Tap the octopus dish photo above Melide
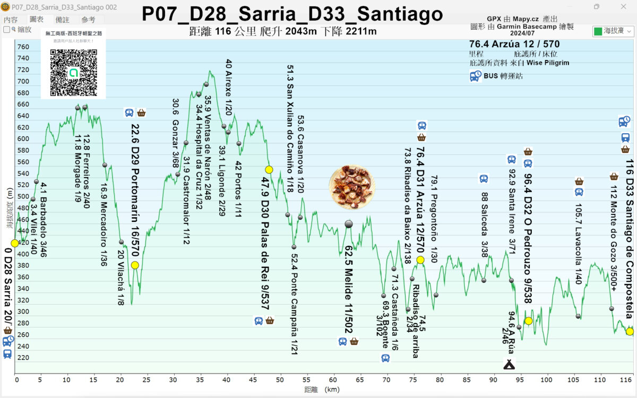[352, 187]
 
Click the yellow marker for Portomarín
[135, 265]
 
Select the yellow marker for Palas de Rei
[269, 170]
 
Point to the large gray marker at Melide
[349, 224]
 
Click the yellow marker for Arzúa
[420, 260]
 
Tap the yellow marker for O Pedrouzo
[528, 321]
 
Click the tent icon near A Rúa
[509, 364]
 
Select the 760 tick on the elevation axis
[23, 47]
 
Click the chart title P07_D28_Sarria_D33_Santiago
[292, 14]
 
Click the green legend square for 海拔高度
[598, 32]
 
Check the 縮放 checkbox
[7, 30]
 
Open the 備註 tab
[63, 20]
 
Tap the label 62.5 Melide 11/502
[349, 289]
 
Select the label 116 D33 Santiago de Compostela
[629, 233]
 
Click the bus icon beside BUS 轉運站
[475, 76]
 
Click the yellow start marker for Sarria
[14, 243]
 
